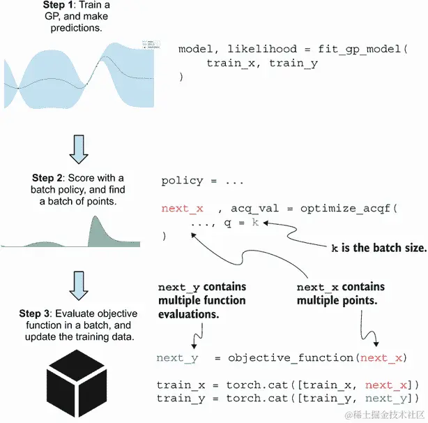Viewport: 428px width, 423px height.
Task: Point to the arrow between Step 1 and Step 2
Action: tap(78, 147)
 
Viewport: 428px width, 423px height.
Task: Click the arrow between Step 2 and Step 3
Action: tap(78, 283)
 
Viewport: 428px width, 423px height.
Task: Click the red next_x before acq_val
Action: tap(182, 208)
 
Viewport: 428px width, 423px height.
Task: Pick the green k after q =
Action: tap(255, 222)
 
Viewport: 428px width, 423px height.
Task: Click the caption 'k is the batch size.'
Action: tap(376, 248)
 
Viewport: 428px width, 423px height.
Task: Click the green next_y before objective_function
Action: tap(178, 358)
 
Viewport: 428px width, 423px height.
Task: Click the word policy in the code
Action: tap(182, 181)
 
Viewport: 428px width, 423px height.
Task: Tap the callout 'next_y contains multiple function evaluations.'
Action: tap(201, 300)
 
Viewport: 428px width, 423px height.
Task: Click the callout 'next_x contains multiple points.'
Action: tap(340, 294)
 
